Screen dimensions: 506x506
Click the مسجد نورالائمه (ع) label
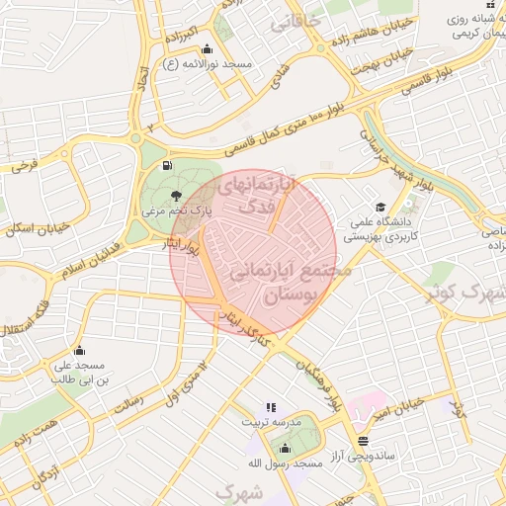[x=210, y=64]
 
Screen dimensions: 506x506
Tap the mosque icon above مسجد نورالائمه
[x=207, y=49]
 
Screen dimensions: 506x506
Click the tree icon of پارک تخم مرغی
[x=175, y=196]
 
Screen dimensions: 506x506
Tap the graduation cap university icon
[x=380, y=206]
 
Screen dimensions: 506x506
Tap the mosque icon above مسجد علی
[x=79, y=351]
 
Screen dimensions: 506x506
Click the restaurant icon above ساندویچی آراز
[x=364, y=441]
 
